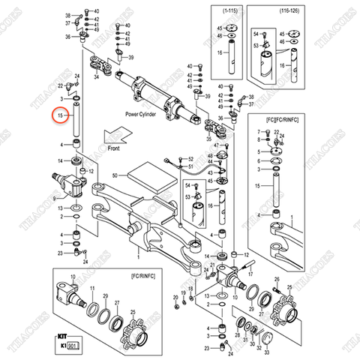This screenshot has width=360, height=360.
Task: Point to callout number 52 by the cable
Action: click(x=190, y=159)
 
